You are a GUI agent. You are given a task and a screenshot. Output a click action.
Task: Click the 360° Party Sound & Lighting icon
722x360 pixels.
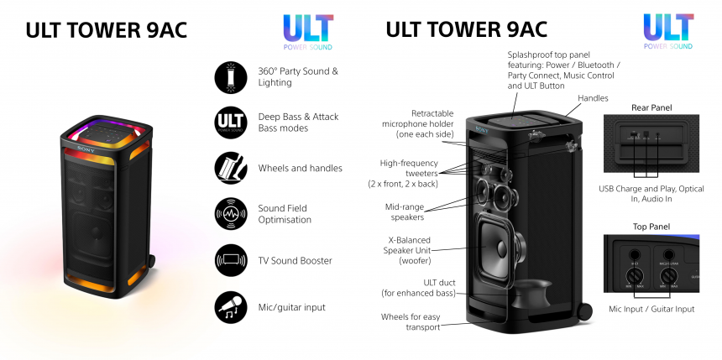tap(229, 76)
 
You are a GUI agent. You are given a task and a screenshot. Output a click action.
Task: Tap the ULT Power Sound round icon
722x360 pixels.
tap(229, 122)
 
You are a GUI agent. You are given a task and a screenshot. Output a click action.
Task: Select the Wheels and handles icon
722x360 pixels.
tap(229, 168)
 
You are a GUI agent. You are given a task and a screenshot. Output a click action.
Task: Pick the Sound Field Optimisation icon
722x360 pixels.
tap(229, 213)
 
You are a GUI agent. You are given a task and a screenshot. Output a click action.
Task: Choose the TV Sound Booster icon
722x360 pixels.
tap(229, 260)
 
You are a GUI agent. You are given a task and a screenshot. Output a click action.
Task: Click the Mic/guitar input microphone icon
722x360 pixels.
tap(229, 307)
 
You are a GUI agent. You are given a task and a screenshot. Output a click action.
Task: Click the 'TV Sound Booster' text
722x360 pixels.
tap(295, 260)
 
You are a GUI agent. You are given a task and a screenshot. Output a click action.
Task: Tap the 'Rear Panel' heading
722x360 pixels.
tap(651, 107)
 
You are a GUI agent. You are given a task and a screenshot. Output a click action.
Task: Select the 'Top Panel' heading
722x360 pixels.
tap(651, 226)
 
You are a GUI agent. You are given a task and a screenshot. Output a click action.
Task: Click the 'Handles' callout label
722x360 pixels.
tap(593, 98)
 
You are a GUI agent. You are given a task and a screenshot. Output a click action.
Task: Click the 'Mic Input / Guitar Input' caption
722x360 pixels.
tap(651, 309)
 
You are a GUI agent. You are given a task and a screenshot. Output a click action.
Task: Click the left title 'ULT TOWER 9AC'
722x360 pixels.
tap(106, 30)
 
